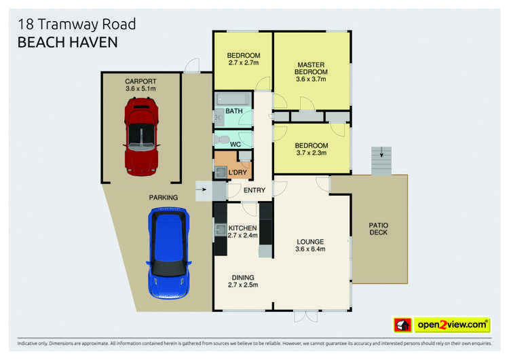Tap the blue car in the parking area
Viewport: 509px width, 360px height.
pos(168,253)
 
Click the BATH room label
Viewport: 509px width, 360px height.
pos(233,111)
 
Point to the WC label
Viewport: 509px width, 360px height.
pos(235,144)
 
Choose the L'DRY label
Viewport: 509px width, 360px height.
pos(238,173)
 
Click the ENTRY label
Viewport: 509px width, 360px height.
pos(254,190)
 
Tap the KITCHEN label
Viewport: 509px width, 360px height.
pos(242,228)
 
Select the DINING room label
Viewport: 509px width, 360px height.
pos(242,276)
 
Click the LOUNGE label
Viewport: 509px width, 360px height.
pos(310,241)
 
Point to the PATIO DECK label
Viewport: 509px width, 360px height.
pos(378,228)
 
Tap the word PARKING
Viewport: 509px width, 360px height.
pos(163,198)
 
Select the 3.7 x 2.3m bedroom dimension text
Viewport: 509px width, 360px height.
pos(311,153)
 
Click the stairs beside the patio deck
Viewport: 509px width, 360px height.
pos(381,160)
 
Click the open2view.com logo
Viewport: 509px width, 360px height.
pos(451,325)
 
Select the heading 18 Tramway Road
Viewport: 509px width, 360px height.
pos(77,24)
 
